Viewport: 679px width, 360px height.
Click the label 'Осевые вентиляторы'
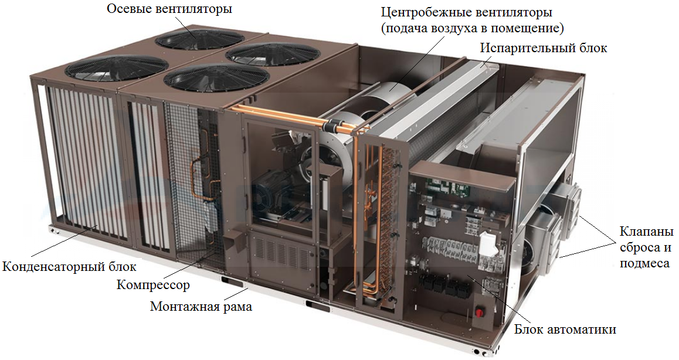point(169,9)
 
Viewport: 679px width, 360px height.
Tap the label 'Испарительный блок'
point(543,47)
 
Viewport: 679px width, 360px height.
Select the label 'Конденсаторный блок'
point(69,266)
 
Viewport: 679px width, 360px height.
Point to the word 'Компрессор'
point(153,284)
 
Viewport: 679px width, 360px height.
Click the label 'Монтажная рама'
point(201,306)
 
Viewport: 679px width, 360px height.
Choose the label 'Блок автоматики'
point(565,330)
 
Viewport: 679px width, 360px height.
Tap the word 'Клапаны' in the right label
point(647,232)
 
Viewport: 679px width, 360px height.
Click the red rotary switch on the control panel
point(480,312)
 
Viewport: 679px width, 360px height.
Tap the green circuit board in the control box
point(447,186)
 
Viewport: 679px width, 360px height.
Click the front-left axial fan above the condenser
point(116,68)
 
